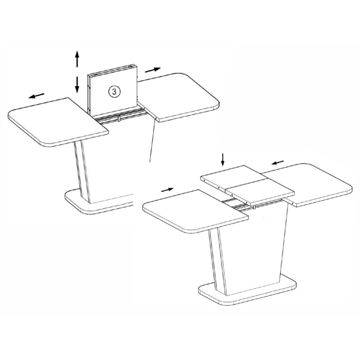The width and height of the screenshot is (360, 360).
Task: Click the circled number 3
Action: coord(114,91)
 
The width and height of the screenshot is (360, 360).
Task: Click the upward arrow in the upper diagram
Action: coord(77,59)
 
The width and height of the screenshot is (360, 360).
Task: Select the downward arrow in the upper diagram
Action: coord(77,85)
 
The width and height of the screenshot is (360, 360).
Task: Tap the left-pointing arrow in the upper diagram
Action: coord(36,95)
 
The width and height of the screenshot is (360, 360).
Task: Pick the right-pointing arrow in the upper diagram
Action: coord(153,70)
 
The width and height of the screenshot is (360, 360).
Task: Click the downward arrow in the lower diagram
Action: coord(222,160)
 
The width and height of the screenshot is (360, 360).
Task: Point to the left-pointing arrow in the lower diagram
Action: coord(278,162)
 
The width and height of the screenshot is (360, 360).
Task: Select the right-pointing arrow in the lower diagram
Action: coord(167,189)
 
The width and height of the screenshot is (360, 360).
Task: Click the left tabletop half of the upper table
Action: coord(58,122)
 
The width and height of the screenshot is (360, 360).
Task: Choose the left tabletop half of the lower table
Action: coord(196,211)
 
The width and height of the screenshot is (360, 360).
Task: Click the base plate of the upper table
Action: coord(99,202)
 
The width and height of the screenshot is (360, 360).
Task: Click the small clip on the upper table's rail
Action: coord(119,119)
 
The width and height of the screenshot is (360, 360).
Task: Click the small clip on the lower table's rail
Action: coord(254,207)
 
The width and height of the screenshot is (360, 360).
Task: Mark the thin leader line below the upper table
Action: coord(153,141)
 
